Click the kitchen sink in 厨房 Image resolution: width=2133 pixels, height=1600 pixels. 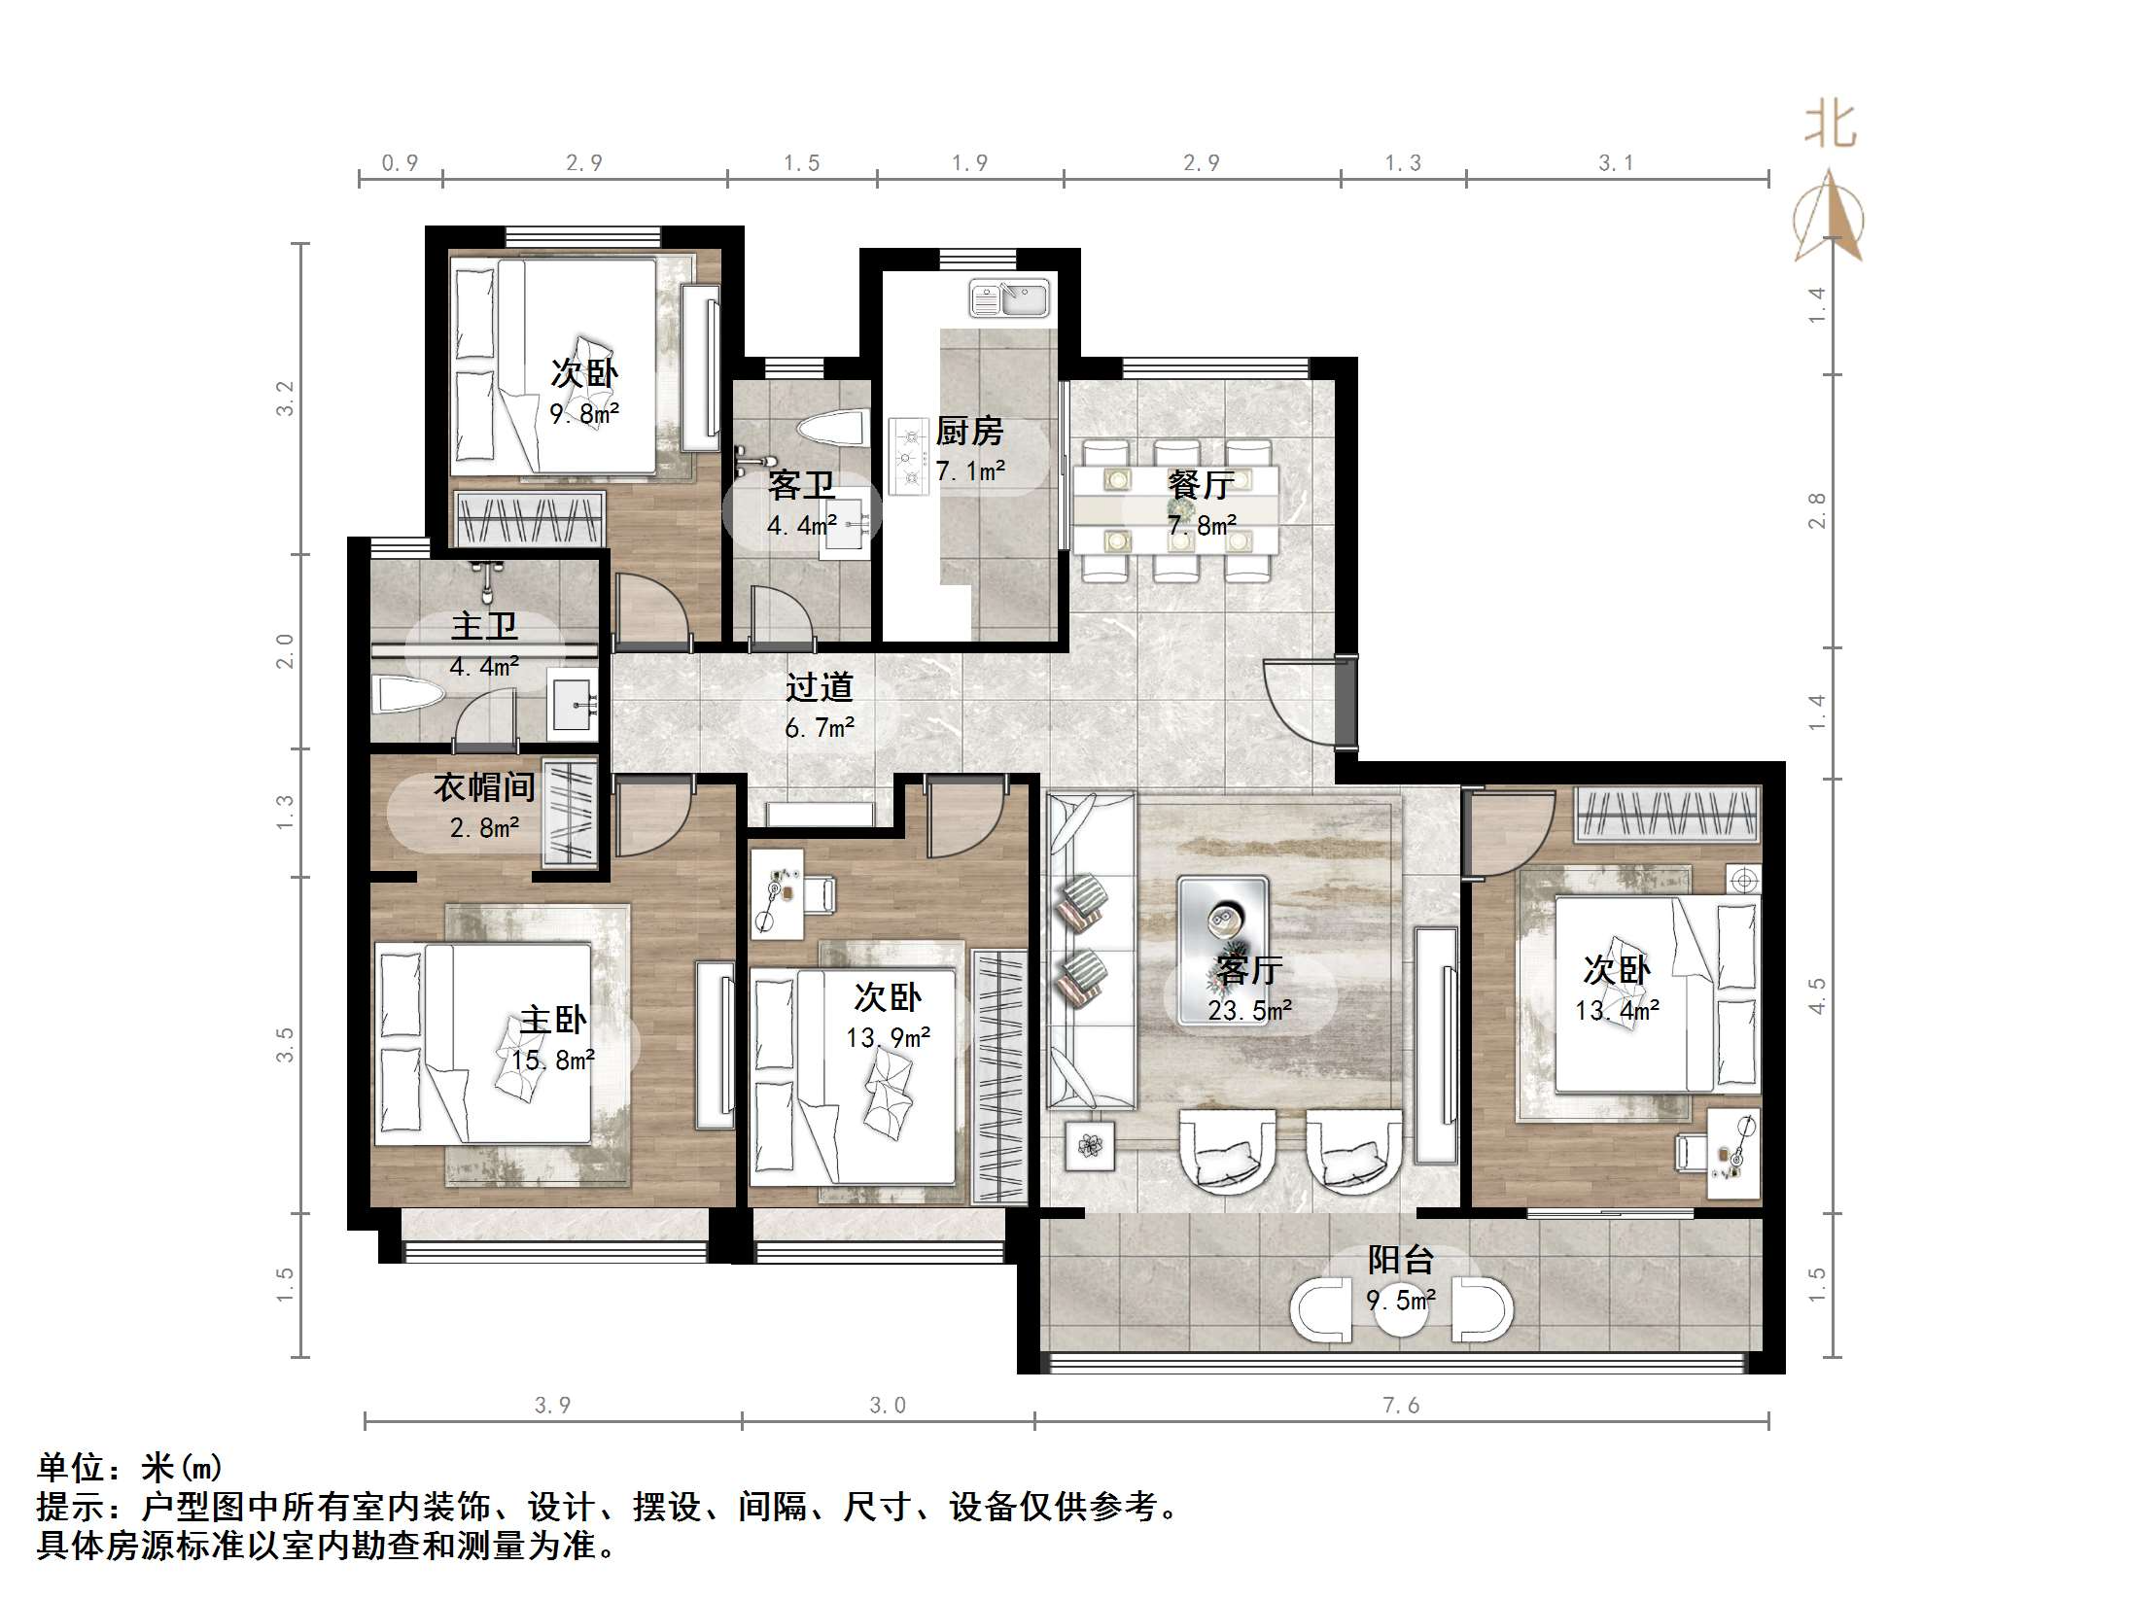coord(1009,298)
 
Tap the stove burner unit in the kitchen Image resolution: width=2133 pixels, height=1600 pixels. coord(908,456)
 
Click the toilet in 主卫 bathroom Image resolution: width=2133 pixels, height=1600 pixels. coord(407,695)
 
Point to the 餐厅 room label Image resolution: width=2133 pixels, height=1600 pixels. coord(1201,484)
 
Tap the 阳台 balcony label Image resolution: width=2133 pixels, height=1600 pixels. coord(1400,1260)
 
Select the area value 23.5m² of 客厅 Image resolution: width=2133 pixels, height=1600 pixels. coord(1249,1011)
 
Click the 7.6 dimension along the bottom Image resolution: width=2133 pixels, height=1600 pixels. coord(1400,1405)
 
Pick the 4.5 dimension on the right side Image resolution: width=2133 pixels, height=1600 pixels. coord(1816,995)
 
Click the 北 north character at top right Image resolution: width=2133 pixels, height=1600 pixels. coord(1830,126)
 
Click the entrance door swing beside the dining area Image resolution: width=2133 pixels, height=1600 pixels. coord(1298,700)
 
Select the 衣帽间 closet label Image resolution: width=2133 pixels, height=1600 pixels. coord(483,786)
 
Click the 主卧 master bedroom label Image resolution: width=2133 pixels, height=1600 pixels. coord(552,1020)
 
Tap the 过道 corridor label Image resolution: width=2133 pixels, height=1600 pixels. coord(819,687)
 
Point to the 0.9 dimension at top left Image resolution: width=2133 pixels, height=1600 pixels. coord(400,162)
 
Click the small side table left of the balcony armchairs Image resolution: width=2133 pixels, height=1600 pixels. coord(1090,1147)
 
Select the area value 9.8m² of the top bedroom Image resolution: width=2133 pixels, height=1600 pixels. coord(584,414)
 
